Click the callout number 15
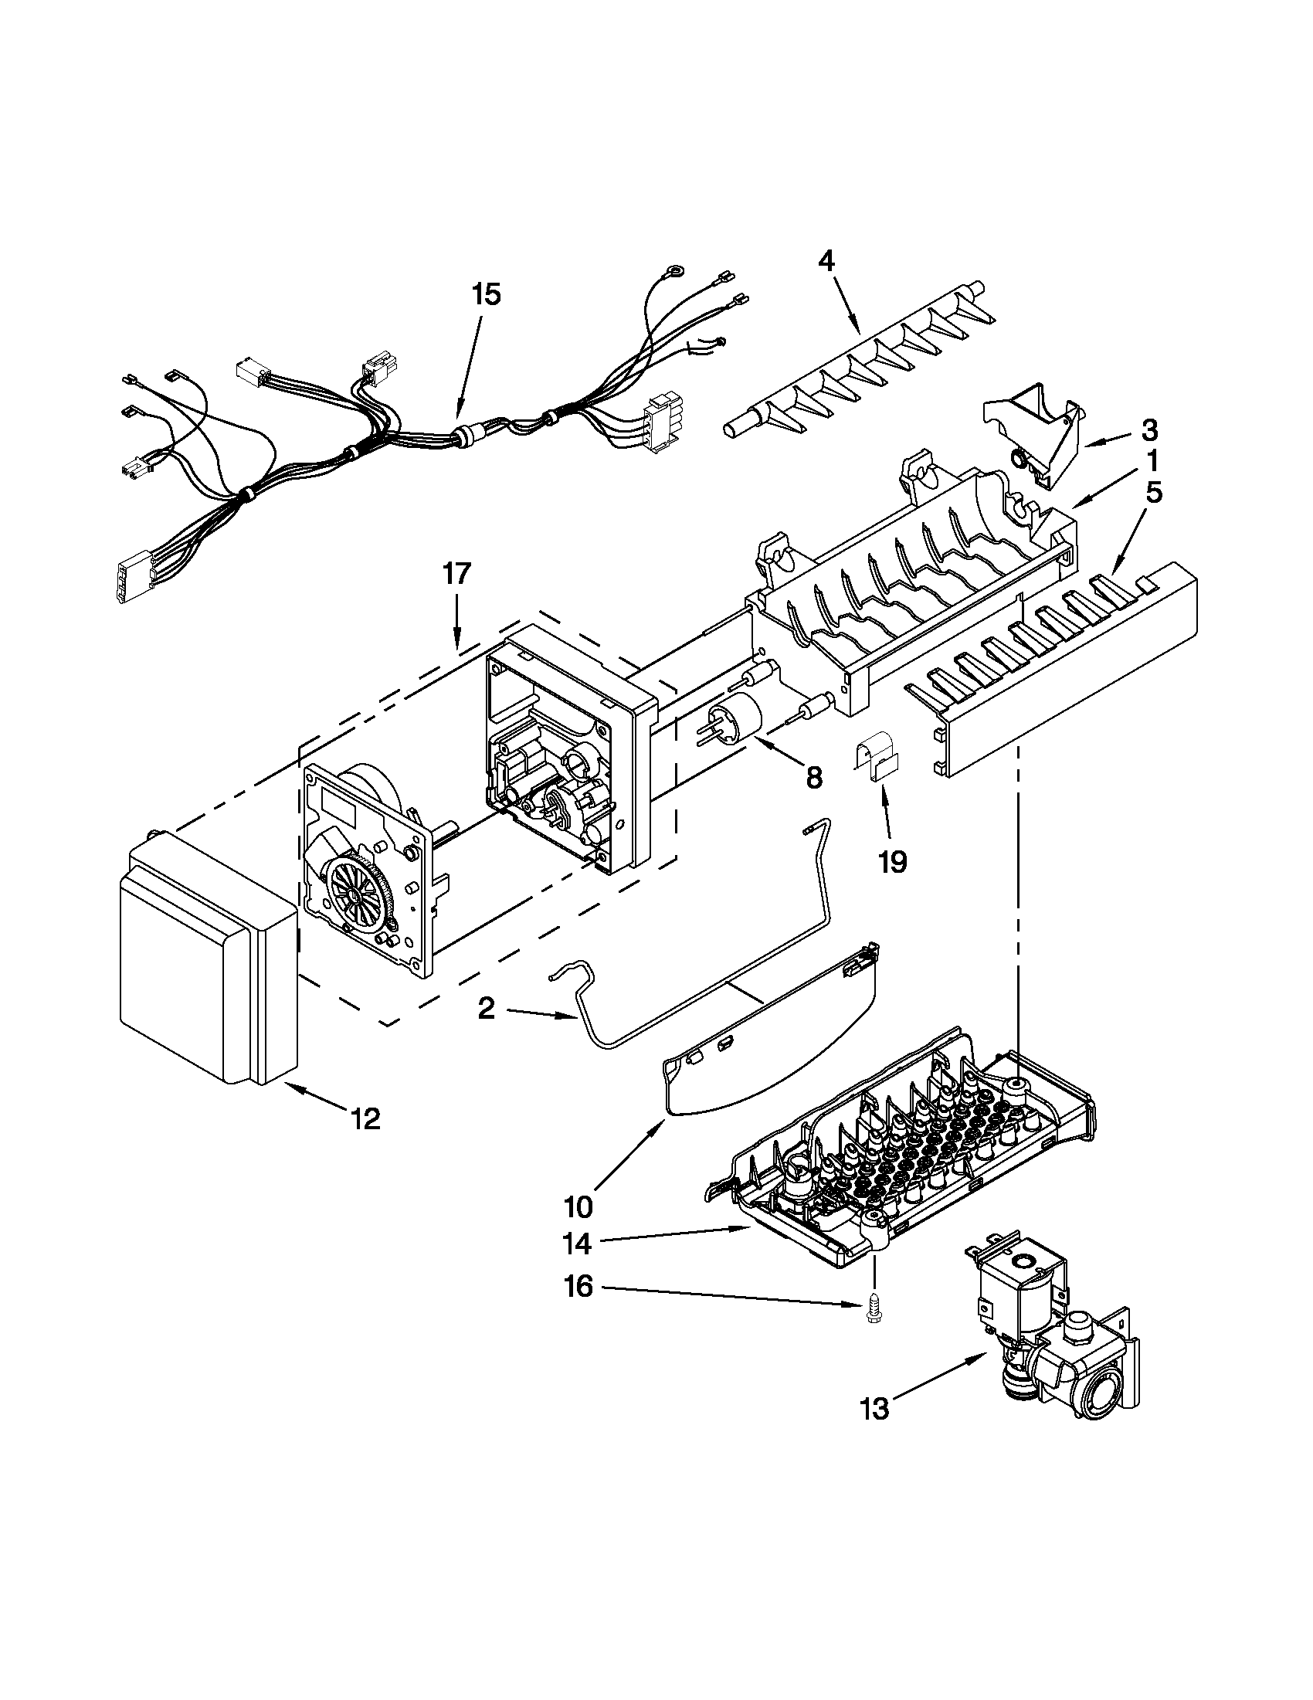click(x=486, y=295)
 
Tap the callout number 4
click(x=826, y=261)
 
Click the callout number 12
click(x=365, y=1119)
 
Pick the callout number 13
click(x=875, y=1410)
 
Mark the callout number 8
click(x=813, y=778)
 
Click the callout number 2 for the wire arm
click(x=486, y=1010)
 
